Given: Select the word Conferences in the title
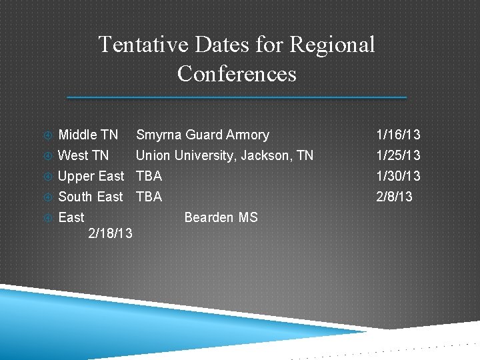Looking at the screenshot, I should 237,73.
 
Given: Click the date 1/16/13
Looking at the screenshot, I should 398,135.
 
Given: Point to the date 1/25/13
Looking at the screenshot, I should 398,155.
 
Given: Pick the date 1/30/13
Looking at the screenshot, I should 398,176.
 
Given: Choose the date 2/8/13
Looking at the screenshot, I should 395,197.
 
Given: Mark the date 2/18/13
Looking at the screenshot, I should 110,235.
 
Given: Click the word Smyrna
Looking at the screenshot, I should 158,135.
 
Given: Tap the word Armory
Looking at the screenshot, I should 247,135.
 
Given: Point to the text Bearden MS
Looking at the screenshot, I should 221,217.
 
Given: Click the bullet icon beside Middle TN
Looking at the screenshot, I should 47,135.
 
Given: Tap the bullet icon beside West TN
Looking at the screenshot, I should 47,156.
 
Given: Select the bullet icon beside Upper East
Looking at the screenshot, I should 47,177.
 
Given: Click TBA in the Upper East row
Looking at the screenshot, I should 149,176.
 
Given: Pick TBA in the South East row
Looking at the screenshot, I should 149,197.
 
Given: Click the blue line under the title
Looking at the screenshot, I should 237,97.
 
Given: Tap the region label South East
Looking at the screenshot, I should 91,197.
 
